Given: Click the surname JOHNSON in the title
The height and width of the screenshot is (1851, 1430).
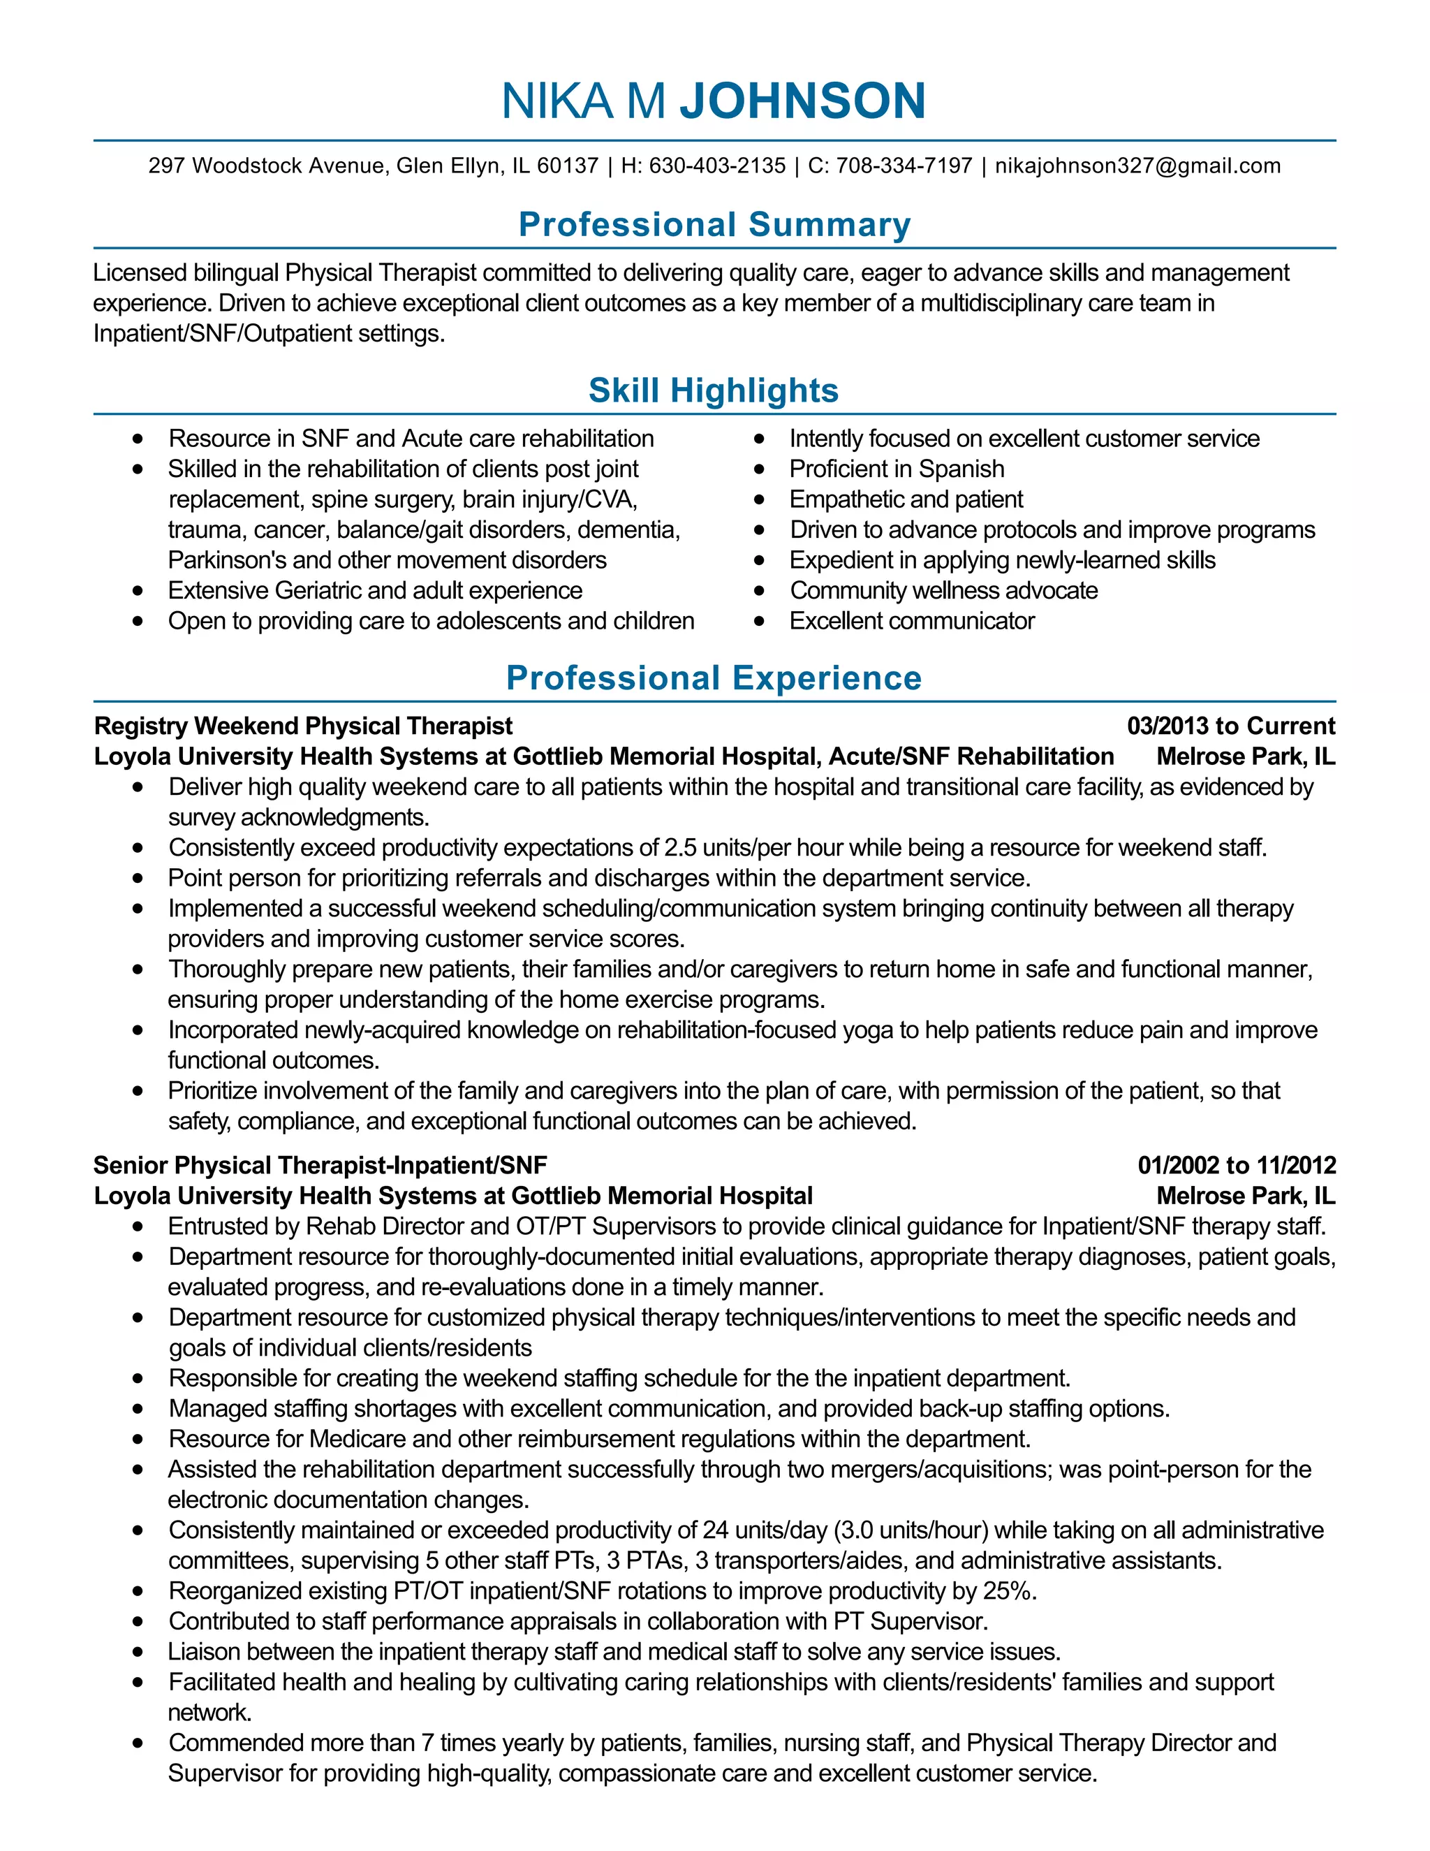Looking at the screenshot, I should coord(802,101).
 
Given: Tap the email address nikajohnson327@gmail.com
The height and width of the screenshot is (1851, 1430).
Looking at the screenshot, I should coord(1137,166).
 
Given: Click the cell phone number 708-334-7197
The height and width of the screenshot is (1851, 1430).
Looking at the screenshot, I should coord(904,166).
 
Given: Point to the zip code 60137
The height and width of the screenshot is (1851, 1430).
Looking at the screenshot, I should coord(568,166).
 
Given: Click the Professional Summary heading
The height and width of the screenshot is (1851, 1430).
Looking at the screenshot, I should coord(714,225).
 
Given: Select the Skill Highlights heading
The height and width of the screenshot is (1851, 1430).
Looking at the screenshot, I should coord(714,390).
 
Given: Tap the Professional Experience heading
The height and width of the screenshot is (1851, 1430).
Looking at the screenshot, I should coord(714,678).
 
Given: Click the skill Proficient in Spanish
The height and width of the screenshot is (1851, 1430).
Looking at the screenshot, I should coord(897,469).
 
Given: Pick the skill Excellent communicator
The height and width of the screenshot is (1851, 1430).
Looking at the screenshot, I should coord(911,621).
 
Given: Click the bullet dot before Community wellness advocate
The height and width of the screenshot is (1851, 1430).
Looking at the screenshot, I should coord(759,591).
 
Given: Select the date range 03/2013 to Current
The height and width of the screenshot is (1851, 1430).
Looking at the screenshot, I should coord(1230,726).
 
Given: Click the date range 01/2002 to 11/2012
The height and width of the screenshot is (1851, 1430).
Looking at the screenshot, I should coord(1236,1165).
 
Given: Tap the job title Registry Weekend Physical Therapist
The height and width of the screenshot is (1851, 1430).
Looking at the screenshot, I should coord(303,726).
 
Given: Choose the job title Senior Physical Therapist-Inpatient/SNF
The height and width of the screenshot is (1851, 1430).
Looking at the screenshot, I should coord(320,1165).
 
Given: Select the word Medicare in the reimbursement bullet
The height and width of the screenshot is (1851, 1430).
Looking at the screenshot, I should coord(357,1439).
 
